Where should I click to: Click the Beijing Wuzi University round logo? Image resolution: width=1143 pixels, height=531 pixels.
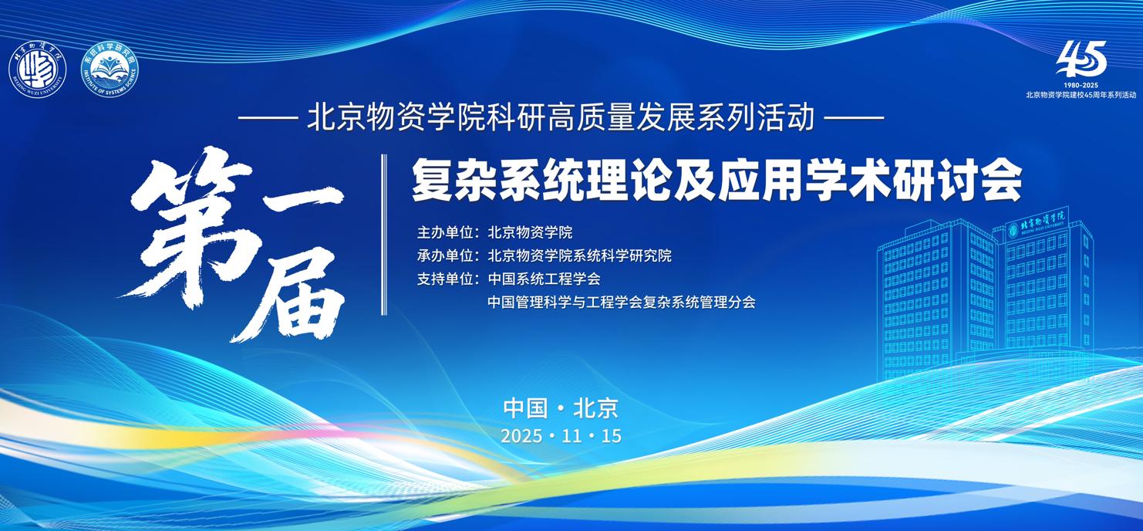click(x=37, y=70)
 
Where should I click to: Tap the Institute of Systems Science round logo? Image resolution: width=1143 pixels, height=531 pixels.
click(x=110, y=70)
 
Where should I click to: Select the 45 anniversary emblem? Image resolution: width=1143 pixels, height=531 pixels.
click(x=1081, y=59)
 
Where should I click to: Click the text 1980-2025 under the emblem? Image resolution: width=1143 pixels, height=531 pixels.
click(x=1081, y=85)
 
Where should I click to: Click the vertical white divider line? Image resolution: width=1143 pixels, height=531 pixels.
click(x=384, y=235)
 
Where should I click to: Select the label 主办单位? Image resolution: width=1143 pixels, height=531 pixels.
click(x=445, y=232)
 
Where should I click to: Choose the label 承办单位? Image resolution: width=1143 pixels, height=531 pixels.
click(x=445, y=255)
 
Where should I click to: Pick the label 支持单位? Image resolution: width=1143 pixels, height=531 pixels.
click(x=445, y=279)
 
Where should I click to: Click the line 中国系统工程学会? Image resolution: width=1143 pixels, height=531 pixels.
click(x=545, y=279)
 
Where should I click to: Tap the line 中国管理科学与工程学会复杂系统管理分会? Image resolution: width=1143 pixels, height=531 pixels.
click(x=622, y=303)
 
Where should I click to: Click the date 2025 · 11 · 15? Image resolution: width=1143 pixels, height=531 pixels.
click(x=561, y=436)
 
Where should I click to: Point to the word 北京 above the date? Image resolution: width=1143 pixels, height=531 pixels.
click(x=595, y=408)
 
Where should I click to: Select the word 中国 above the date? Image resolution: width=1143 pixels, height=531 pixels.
click(x=525, y=408)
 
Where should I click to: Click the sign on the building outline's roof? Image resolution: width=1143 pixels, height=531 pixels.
click(x=1036, y=223)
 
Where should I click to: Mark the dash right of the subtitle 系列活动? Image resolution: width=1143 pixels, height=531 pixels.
click(x=855, y=118)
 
